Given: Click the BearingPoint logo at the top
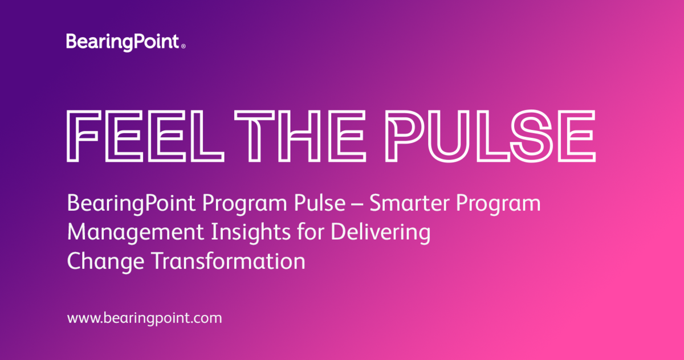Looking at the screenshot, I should pyautogui.click(x=123, y=42).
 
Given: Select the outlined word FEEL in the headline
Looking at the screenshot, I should pyautogui.click(x=145, y=136).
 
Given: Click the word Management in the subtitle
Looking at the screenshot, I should pyautogui.click(x=121, y=233).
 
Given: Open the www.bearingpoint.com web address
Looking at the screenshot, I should pyautogui.click(x=144, y=318).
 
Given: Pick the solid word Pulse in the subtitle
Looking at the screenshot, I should pyautogui.click(x=311, y=203).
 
